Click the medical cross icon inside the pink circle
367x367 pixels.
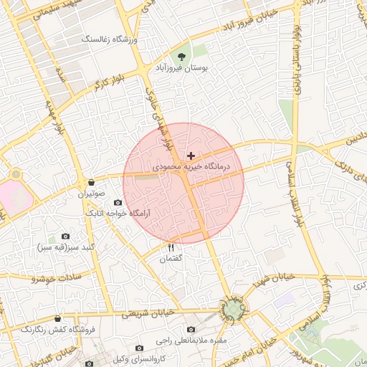[x=191, y=155]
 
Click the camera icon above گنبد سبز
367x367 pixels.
[x=66, y=236]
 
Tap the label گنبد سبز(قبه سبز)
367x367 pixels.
[x=65, y=247]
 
